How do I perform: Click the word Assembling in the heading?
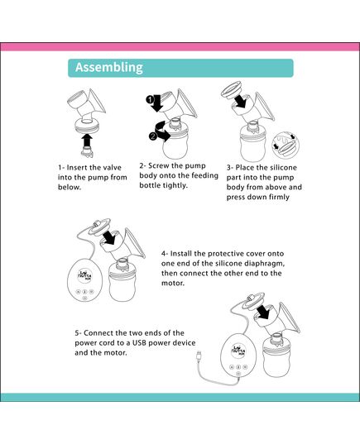tap(109, 68)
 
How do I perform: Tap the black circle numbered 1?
tap(151, 103)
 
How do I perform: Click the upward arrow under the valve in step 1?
tap(87, 143)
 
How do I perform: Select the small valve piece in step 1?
tap(87, 131)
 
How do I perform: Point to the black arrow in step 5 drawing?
tap(265, 311)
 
